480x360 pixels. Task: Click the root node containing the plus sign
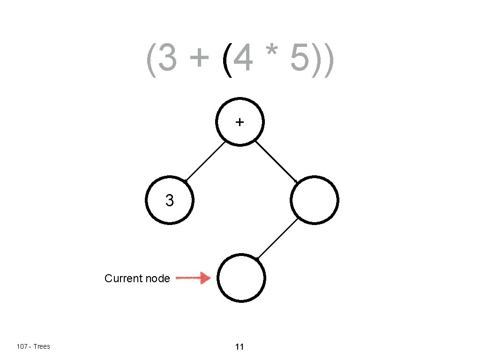click(x=240, y=122)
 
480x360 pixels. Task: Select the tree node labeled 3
click(x=169, y=201)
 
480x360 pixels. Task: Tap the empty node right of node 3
click(x=314, y=201)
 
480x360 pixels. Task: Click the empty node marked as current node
click(x=241, y=278)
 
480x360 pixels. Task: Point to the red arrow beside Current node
click(x=193, y=278)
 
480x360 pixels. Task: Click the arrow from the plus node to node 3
click(x=205, y=161)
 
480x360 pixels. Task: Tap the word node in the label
click(x=157, y=278)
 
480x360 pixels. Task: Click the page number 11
click(x=240, y=347)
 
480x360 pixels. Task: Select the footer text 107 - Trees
click(x=33, y=346)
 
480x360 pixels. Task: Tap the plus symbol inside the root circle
click(x=240, y=122)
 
